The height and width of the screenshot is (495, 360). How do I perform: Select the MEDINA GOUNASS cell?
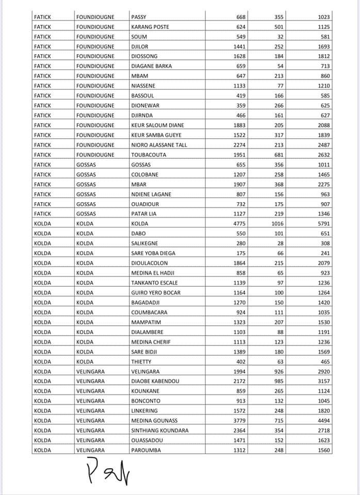(153, 421)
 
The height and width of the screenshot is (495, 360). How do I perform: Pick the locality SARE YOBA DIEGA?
(153, 253)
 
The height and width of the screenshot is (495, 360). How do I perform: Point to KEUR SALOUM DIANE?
(157, 125)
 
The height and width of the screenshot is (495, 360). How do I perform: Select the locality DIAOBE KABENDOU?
(155, 381)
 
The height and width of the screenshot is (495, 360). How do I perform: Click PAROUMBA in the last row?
(146, 450)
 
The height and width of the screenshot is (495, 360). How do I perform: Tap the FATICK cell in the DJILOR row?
(42, 46)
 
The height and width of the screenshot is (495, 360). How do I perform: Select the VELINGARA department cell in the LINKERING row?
(90, 411)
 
